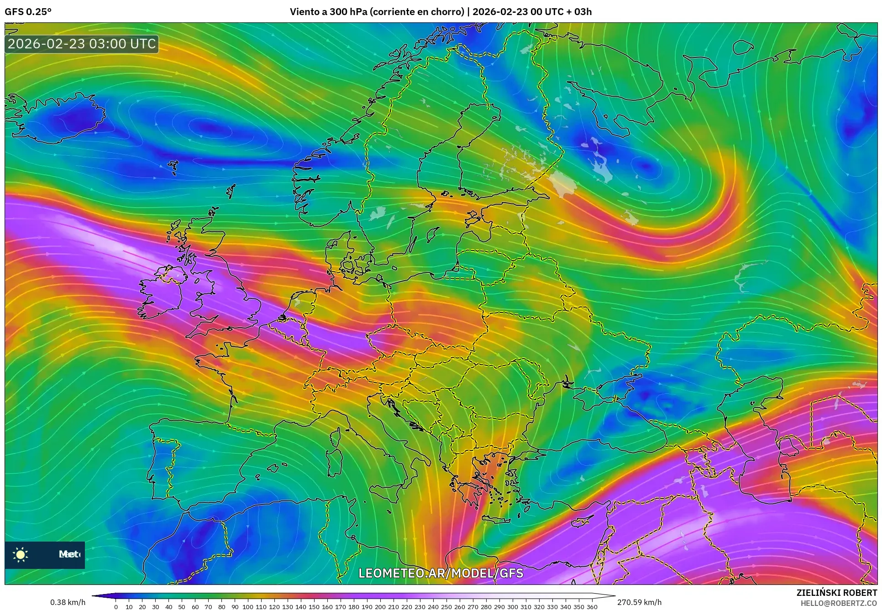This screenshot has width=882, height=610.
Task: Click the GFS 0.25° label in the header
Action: click(x=28, y=12)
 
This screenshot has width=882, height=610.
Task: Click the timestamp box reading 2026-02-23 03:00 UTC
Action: click(x=82, y=44)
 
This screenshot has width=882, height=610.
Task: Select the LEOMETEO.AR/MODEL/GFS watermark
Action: click(x=441, y=573)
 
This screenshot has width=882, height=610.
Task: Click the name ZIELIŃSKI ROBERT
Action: click(x=836, y=593)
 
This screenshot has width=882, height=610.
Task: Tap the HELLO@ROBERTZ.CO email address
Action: click(x=839, y=603)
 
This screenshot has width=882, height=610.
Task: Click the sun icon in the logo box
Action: click(x=21, y=554)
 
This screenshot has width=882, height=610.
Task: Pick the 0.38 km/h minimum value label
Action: click(x=68, y=602)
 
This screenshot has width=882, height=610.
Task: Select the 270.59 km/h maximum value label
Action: click(x=639, y=602)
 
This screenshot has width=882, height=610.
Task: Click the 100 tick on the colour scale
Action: click(x=247, y=607)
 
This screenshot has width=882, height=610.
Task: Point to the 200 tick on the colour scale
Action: click(x=380, y=607)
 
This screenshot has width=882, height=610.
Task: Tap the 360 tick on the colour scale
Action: click(x=592, y=607)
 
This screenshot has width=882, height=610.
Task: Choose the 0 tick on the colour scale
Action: click(x=116, y=607)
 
